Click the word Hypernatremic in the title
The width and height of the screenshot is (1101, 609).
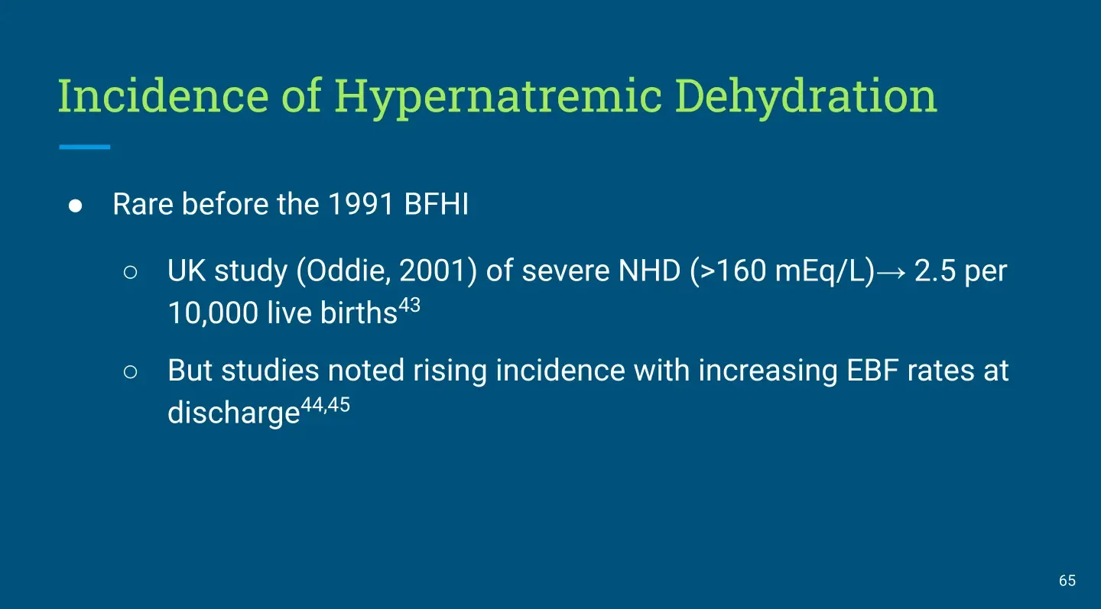[x=499, y=97]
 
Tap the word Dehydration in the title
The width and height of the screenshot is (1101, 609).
[x=806, y=97]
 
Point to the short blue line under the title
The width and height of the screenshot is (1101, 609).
[x=85, y=147]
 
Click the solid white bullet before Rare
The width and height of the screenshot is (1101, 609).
[x=75, y=206]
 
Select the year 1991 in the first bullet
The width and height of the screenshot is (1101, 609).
[x=360, y=204]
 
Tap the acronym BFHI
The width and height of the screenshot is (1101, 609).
[x=436, y=204]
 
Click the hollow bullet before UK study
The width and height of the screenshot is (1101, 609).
[x=130, y=272]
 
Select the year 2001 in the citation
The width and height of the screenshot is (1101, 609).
[x=433, y=270]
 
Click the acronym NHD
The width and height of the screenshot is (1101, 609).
[x=649, y=270]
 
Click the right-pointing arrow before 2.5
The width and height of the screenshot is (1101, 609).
[x=891, y=272]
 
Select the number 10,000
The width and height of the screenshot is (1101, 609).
[x=213, y=313]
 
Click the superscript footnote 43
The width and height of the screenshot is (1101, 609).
[x=410, y=305]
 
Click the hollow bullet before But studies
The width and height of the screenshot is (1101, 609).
[x=130, y=372]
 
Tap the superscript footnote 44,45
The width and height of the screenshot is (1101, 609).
[x=325, y=405]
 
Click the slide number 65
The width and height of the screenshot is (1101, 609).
[x=1067, y=581]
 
